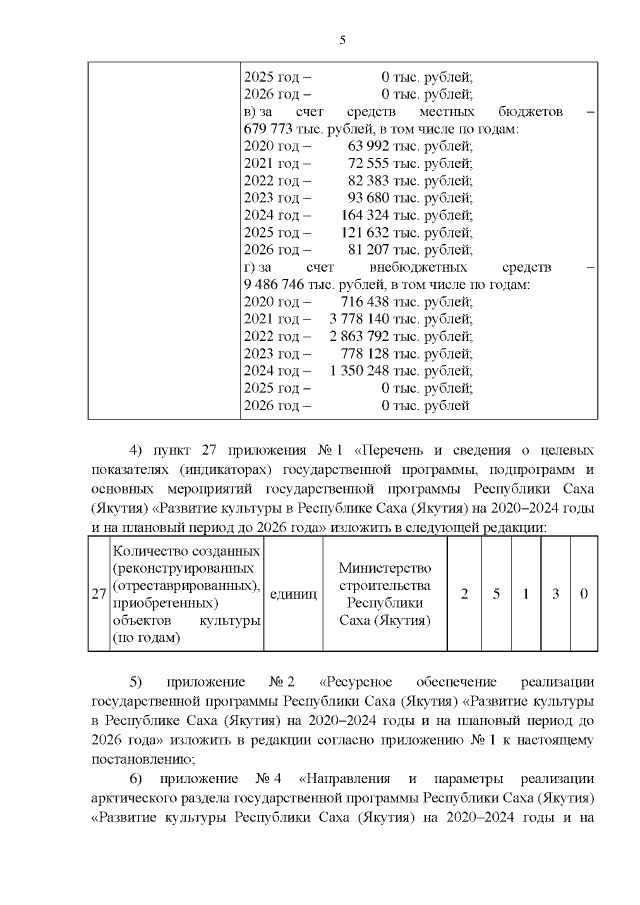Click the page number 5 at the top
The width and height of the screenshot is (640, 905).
point(342,40)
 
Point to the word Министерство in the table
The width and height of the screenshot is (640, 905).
point(385,567)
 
